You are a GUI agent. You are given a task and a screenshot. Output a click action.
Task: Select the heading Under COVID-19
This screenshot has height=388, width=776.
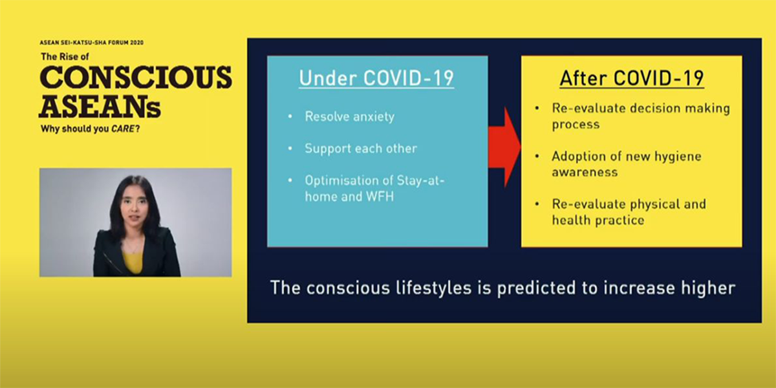376,78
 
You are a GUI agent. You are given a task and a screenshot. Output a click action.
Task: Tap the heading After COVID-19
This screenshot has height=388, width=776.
632,78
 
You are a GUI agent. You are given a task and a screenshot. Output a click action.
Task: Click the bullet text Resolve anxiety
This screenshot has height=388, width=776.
350,117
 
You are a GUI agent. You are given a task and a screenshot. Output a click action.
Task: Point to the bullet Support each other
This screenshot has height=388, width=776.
361,149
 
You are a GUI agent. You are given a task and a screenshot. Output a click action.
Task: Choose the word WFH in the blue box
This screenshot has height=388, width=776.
380,197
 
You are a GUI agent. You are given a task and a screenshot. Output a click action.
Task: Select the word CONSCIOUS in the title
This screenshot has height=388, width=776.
135,77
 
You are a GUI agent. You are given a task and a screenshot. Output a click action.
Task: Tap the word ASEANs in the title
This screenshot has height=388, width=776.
100,106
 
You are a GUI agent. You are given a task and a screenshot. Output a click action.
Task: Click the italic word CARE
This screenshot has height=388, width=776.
123,129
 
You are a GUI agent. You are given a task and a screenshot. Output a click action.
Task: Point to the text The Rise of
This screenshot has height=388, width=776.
65,56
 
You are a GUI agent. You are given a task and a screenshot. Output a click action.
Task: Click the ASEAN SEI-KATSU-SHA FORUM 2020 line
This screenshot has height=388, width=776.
91,43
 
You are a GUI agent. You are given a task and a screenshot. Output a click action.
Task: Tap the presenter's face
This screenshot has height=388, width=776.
134,207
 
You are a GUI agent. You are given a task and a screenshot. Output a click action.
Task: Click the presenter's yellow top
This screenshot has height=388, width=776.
133,261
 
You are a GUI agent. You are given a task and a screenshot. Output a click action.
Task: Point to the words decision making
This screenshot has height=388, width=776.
680,109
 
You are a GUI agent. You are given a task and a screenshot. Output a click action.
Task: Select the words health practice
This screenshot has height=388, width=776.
598,221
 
